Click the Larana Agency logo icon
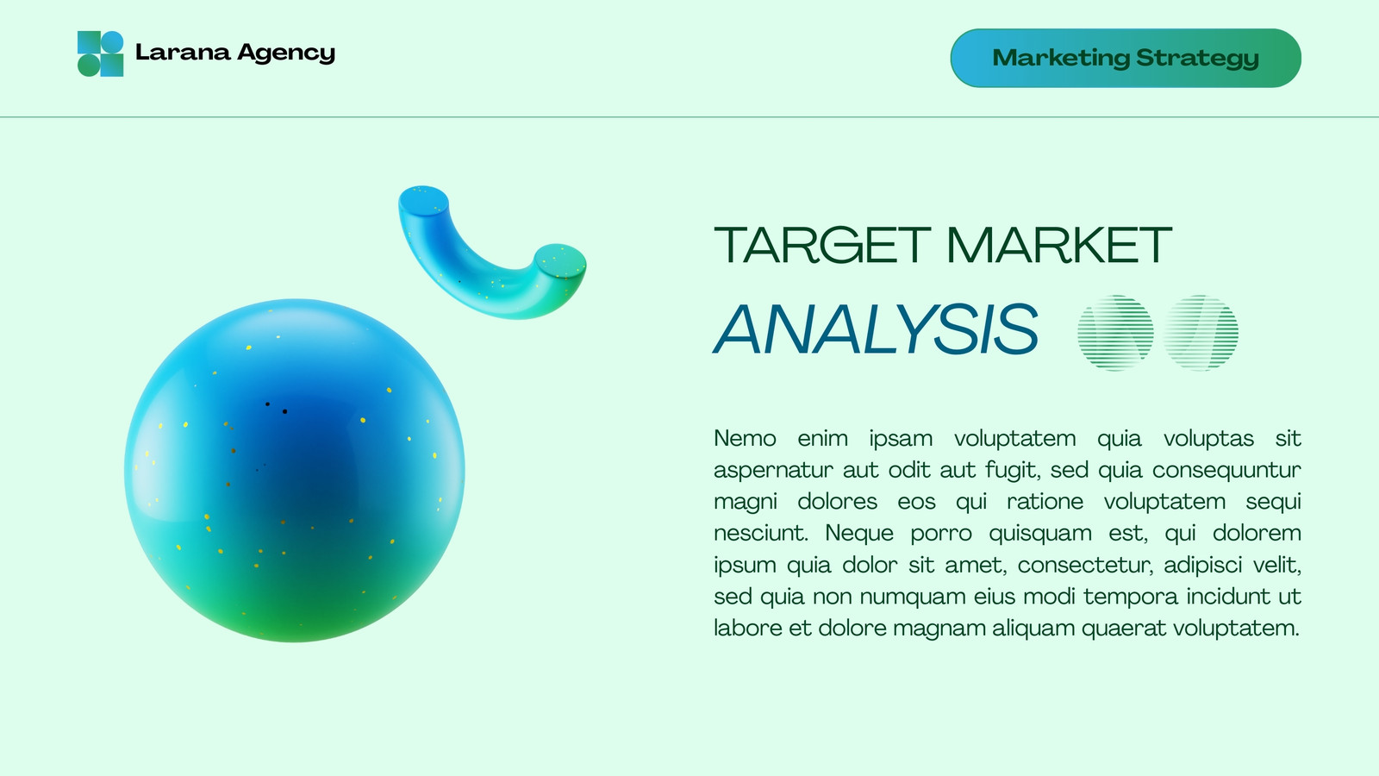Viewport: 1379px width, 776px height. tap(100, 53)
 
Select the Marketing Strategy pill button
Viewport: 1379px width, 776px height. tap(1126, 58)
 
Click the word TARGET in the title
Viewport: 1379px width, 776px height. tap(822, 245)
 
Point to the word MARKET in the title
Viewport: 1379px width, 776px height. tap(1059, 245)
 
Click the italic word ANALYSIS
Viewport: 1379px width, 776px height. tap(876, 329)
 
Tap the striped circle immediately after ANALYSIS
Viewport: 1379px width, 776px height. tap(1115, 333)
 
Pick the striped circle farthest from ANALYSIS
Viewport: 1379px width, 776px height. tap(1201, 333)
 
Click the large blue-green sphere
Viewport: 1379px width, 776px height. tap(294, 471)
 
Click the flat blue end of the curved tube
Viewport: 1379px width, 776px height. tap(423, 200)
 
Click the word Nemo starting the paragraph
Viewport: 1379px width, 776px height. tap(745, 439)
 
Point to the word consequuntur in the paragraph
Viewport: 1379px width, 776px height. tap(1226, 471)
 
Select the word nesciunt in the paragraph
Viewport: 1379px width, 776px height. tap(760, 533)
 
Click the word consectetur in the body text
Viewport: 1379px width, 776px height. tap(1085, 565)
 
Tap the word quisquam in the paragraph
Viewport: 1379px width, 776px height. tap(1040, 534)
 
